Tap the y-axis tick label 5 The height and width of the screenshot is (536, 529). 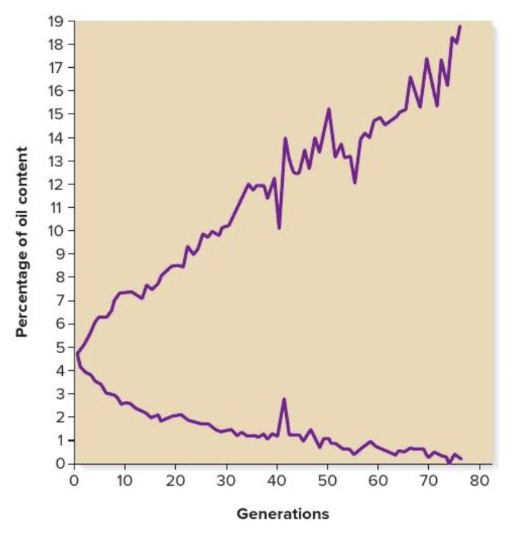coord(59,347)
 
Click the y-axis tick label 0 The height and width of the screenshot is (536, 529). coord(59,464)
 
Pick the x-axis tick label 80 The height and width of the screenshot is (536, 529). coord(480,480)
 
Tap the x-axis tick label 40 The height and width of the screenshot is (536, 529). coord(277,480)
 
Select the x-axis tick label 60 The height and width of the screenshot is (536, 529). coord(378,480)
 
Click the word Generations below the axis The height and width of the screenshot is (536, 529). coord(282,513)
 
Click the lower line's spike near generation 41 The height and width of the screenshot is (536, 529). coord(284,399)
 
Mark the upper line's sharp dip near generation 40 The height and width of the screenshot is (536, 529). coord(279,228)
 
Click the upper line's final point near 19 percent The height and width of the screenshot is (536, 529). coord(460,26)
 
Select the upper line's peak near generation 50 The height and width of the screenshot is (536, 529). coord(329,109)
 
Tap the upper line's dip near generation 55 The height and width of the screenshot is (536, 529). coord(355,183)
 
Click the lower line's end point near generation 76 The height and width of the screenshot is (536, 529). coord(461,458)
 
